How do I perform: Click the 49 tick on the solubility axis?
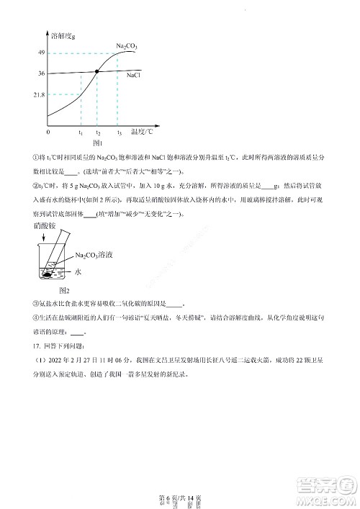[42, 53]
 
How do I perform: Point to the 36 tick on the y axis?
[42, 73]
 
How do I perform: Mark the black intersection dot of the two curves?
[98, 71]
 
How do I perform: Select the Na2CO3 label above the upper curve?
[127, 46]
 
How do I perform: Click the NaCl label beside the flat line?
[133, 75]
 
